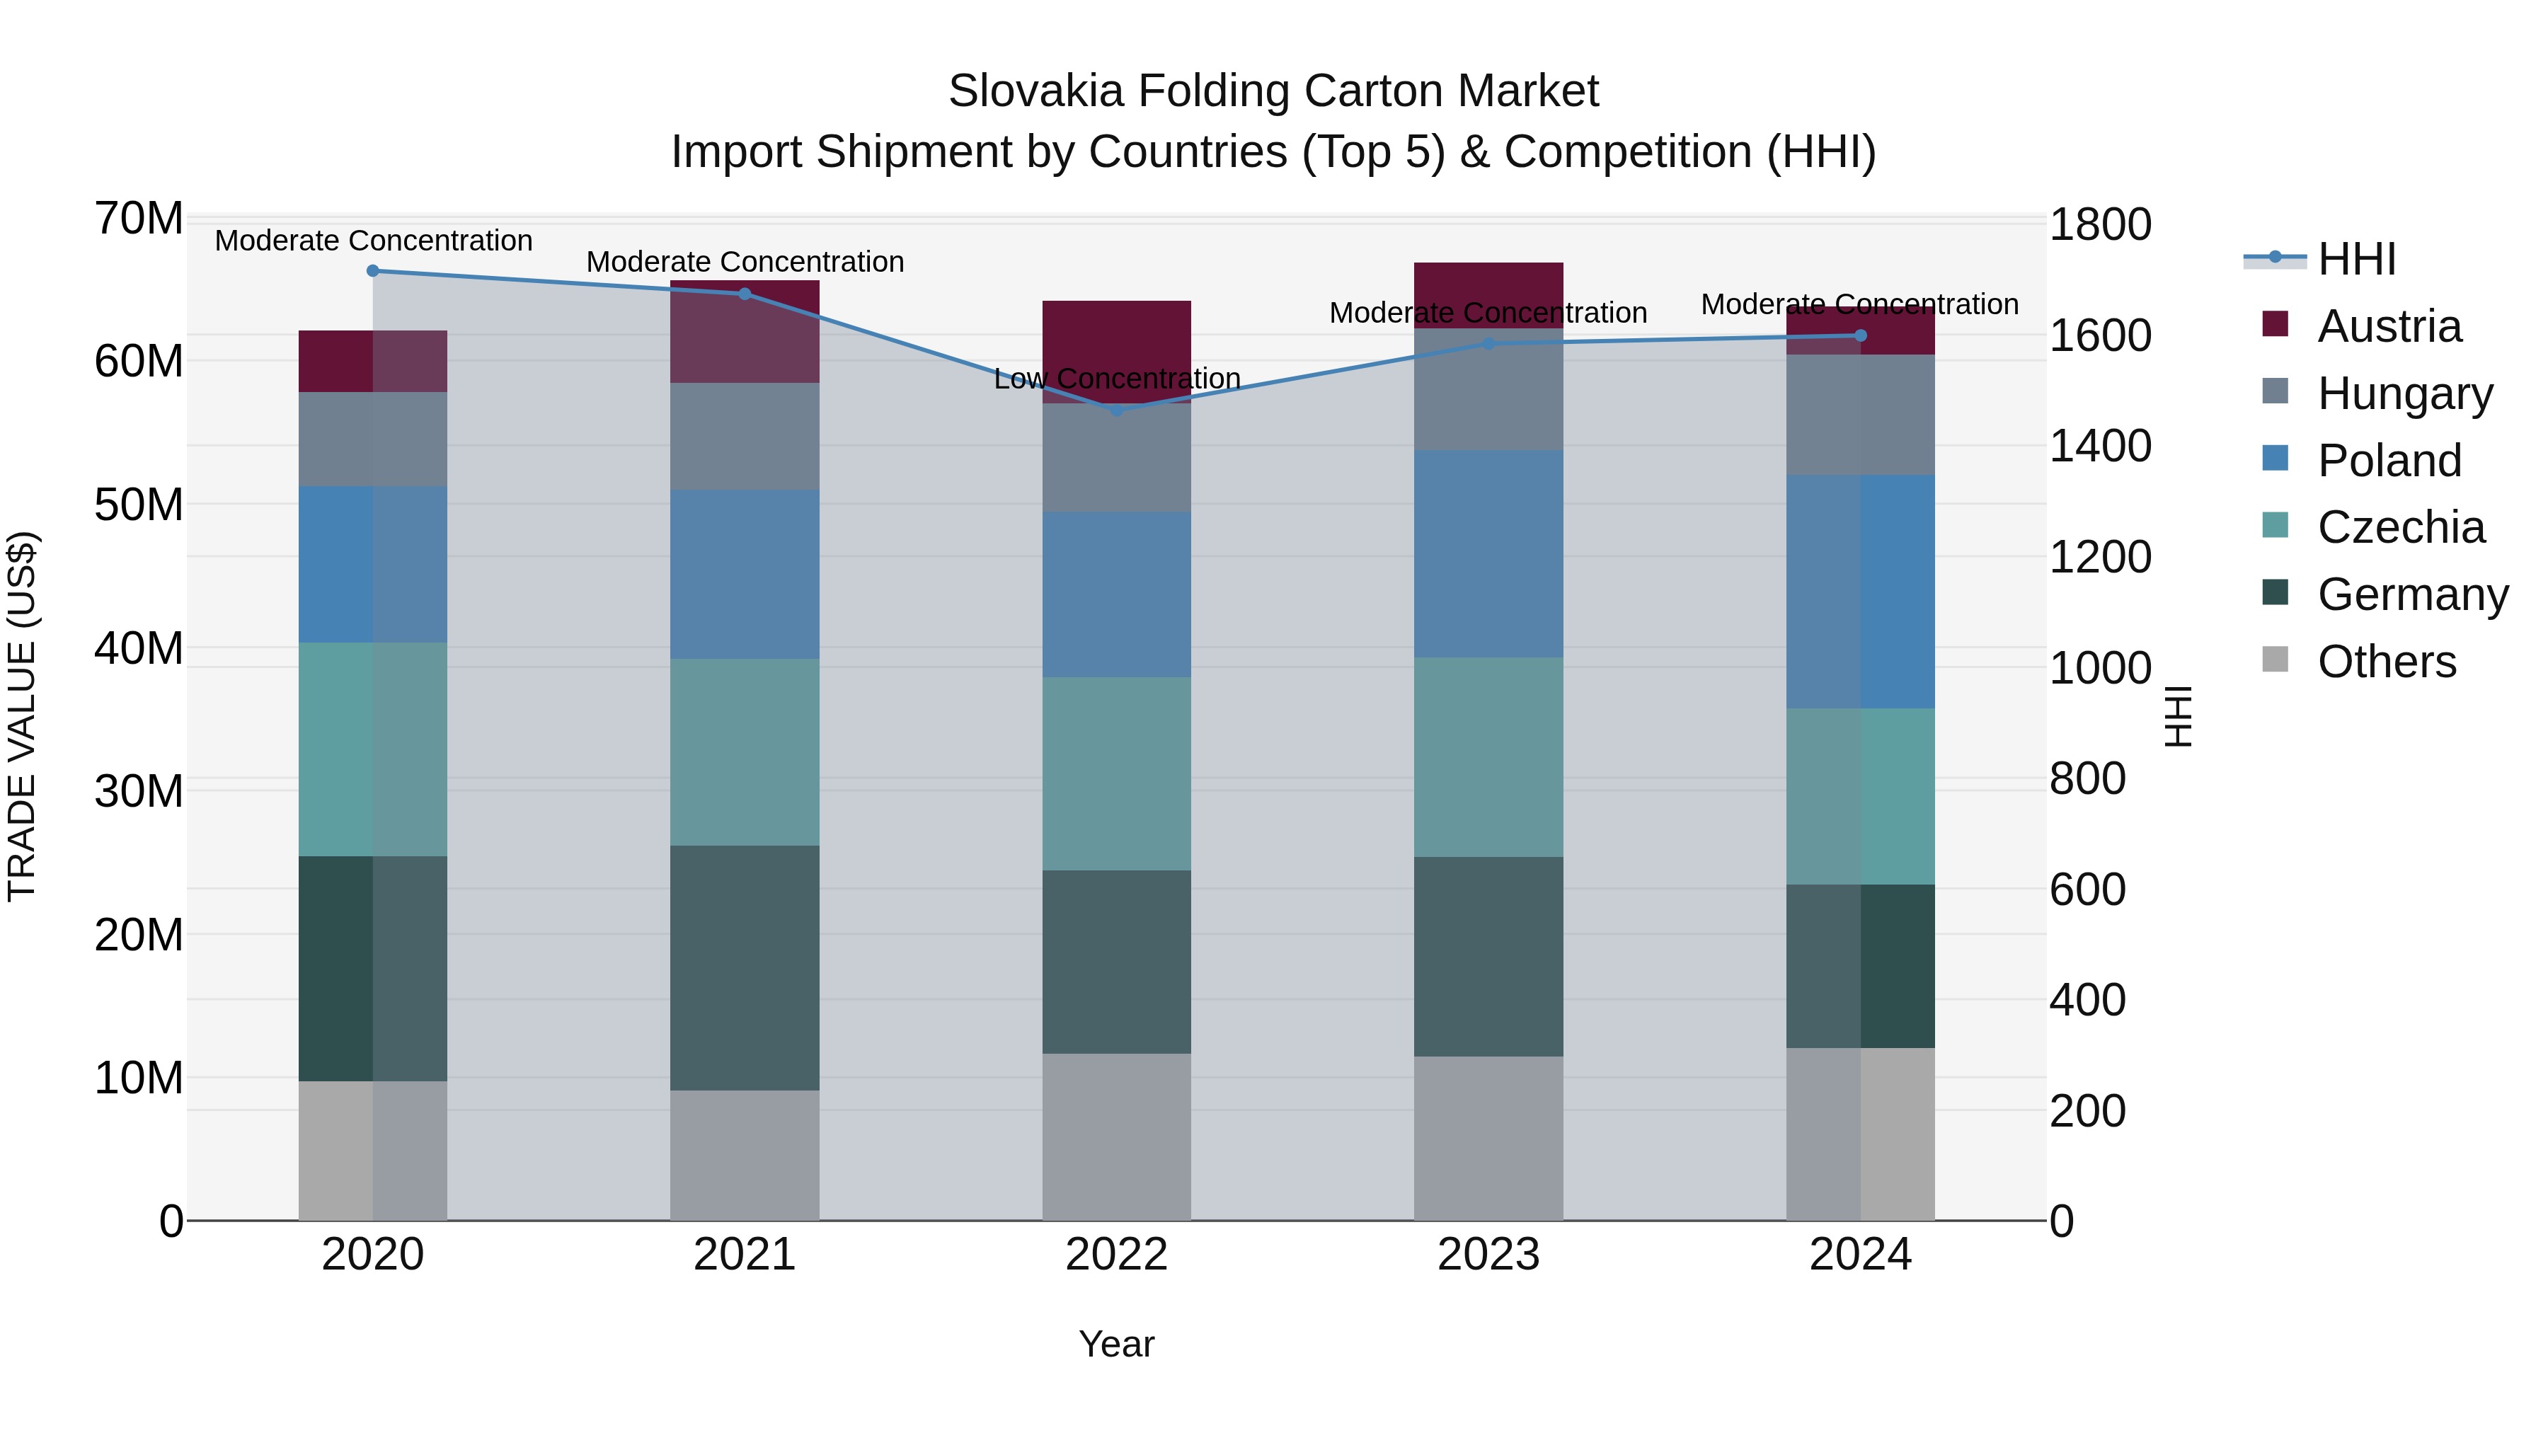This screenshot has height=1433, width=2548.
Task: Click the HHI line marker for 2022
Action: point(1117,410)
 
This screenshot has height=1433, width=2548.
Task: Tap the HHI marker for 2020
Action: point(373,271)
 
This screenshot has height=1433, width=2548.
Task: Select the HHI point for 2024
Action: point(1861,336)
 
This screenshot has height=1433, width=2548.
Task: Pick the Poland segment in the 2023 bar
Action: point(1488,554)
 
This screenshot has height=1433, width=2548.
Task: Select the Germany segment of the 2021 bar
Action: point(745,967)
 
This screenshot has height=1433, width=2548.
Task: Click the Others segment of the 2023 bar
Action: point(1488,1137)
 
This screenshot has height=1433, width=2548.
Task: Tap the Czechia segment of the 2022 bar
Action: point(1117,773)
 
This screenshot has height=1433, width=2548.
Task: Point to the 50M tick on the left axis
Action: point(139,505)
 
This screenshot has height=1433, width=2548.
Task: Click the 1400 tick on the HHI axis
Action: point(2100,446)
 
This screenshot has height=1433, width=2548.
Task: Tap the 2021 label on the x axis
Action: point(745,1255)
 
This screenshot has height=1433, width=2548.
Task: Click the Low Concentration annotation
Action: point(1117,379)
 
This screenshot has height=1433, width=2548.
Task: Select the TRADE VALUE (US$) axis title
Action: point(22,716)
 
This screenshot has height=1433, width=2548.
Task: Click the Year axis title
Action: point(1117,1344)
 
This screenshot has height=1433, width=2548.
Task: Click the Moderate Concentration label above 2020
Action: point(373,241)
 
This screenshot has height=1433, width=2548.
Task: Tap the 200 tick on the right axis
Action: point(2087,1110)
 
